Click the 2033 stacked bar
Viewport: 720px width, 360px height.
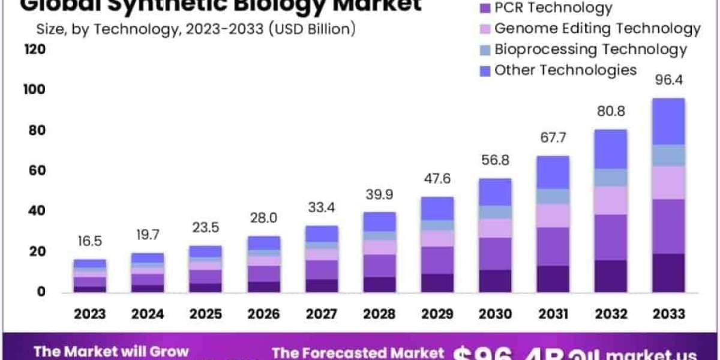[x=668, y=195]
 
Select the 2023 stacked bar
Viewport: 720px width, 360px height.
[x=90, y=276]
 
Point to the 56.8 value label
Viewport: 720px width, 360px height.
[x=495, y=160]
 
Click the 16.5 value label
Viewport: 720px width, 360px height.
[x=90, y=241]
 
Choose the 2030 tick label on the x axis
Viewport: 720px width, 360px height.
[x=495, y=314]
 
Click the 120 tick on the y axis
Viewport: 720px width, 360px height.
[x=35, y=49]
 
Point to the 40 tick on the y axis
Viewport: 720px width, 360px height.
[x=37, y=211]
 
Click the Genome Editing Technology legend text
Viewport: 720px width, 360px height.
[x=597, y=28]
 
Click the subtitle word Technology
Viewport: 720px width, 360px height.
[x=131, y=28]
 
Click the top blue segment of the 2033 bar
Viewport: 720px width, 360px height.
[x=668, y=121]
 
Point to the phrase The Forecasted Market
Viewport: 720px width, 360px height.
[x=358, y=353]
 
